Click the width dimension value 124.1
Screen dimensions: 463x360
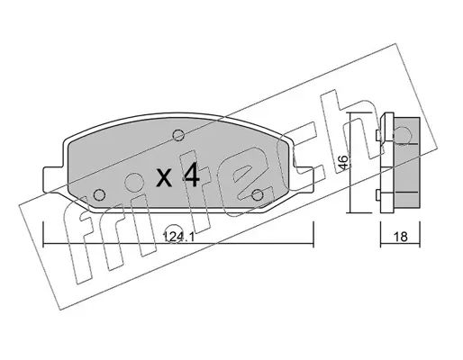[x=178, y=238]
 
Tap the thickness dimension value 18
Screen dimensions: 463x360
[x=400, y=237]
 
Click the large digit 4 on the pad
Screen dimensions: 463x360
[x=190, y=175]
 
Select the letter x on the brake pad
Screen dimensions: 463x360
[x=164, y=177]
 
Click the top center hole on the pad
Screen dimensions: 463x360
[x=178, y=134]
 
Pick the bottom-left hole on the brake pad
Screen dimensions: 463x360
[x=99, y=195]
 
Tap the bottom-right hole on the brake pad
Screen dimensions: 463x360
[x=258, y=195]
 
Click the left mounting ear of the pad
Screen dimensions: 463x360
[x=54, y=179]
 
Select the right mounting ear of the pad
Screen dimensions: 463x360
[x=304, y=179]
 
